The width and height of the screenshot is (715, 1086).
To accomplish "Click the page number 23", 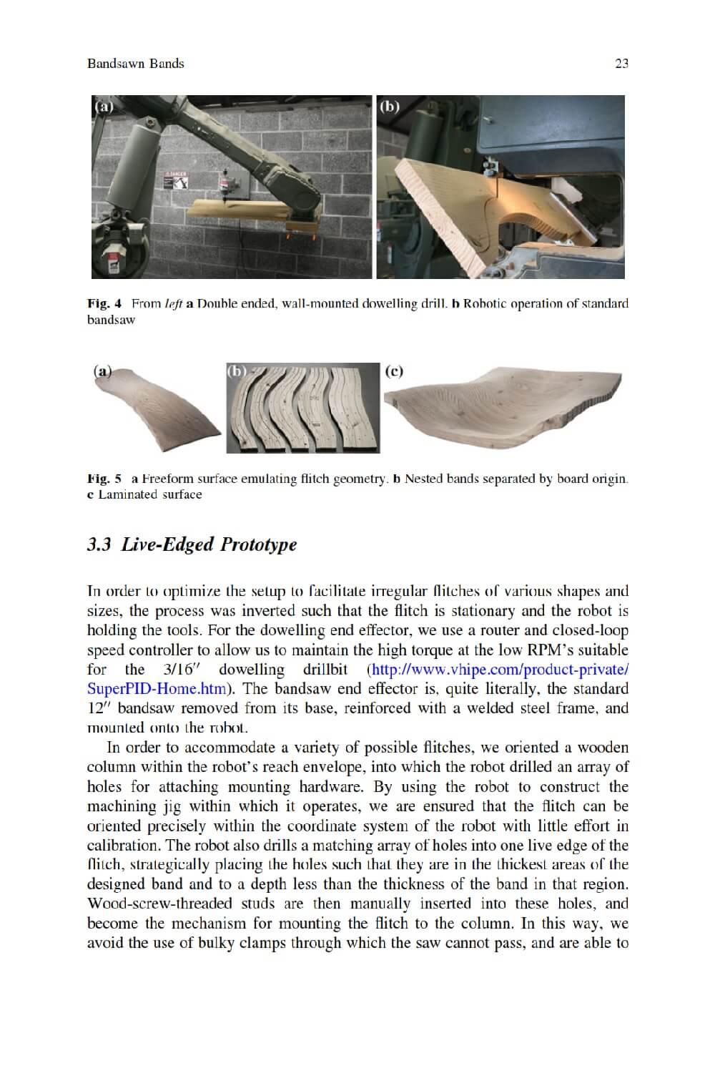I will coord(621,64).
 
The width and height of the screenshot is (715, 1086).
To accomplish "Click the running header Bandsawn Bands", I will coord(135,64).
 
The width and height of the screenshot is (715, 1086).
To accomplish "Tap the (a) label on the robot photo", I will coord(104,107).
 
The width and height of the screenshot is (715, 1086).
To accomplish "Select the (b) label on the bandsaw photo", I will coord(389,107).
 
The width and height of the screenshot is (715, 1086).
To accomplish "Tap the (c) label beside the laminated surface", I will coord(394,371).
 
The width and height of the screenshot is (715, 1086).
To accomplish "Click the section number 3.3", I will coord(99,544).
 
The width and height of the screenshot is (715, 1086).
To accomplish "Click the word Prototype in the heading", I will coord(258,544).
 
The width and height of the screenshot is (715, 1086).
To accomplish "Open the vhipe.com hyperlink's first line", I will coord(499,670).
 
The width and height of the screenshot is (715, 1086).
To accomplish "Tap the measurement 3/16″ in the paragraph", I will coord(179,670).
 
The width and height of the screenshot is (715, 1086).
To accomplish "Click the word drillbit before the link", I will coord(325,670).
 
